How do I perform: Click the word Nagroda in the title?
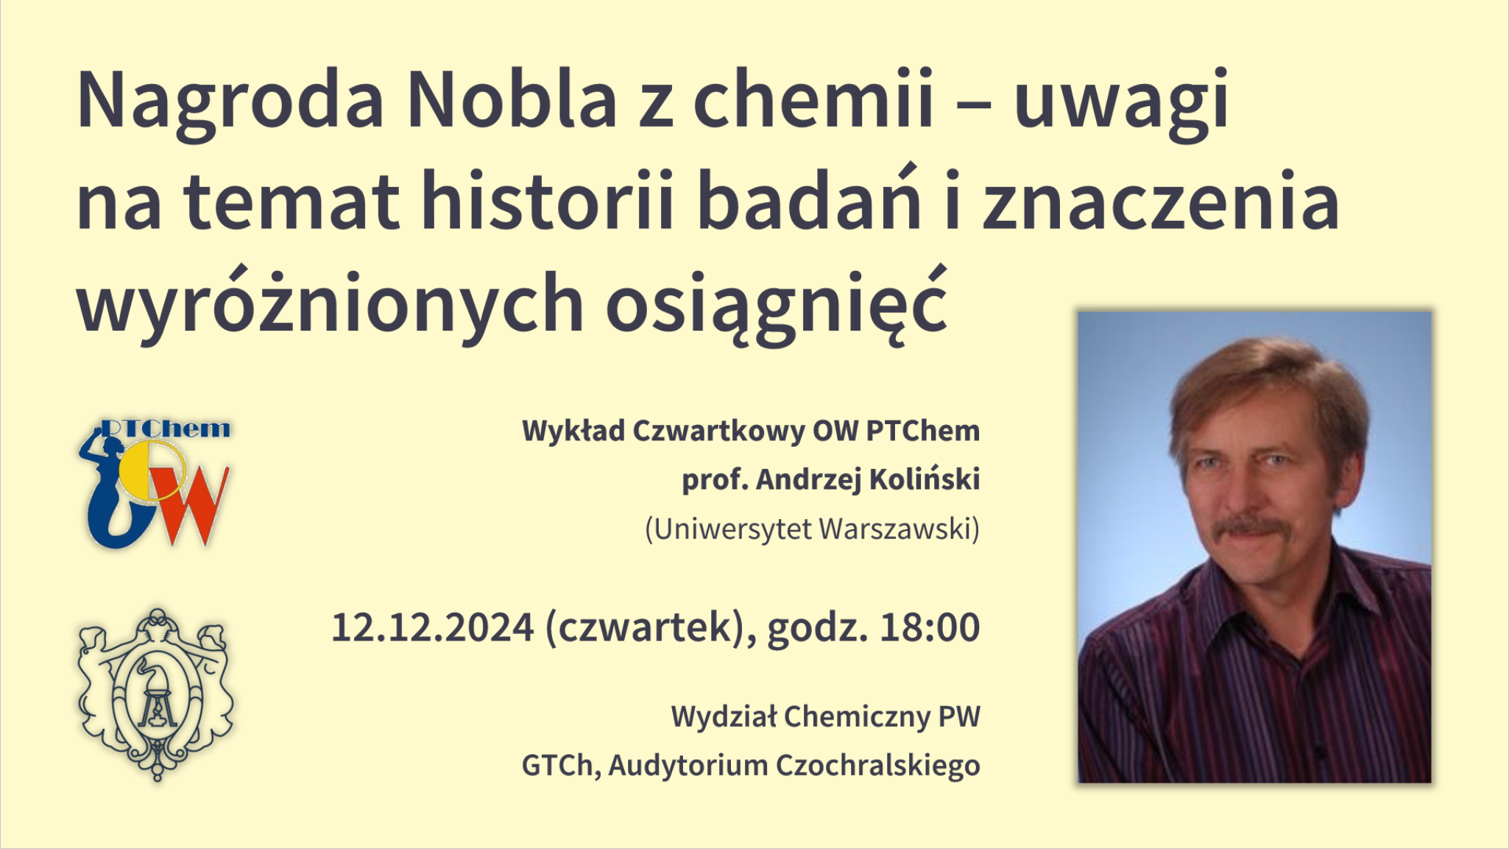(230, 102)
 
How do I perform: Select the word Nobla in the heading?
(512, 98)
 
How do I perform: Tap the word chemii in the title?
(813, 98)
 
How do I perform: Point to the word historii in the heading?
(548, 200)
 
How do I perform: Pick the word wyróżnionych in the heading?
(331, 304)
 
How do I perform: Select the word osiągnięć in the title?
(776, 304)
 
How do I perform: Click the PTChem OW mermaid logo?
(155, 484)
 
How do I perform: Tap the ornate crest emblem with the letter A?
(155, 694)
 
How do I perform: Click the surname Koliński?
(925, 479)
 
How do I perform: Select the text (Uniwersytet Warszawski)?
(813, 529)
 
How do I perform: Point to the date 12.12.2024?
(432, 627)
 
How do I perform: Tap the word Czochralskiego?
(878, 765)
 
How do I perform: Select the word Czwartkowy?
(718, 431)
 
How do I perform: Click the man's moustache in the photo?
(1248, 529)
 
